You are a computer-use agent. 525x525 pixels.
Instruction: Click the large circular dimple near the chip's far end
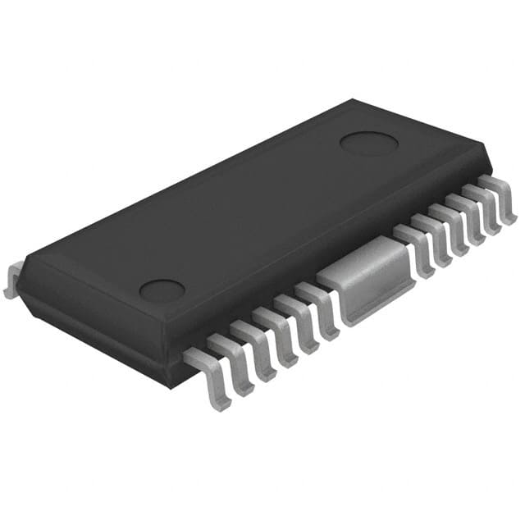pos(369,143)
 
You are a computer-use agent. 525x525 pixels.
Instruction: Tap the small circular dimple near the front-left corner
pos(162,290)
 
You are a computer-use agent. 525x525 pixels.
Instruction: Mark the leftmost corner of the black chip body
pos(20,261)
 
